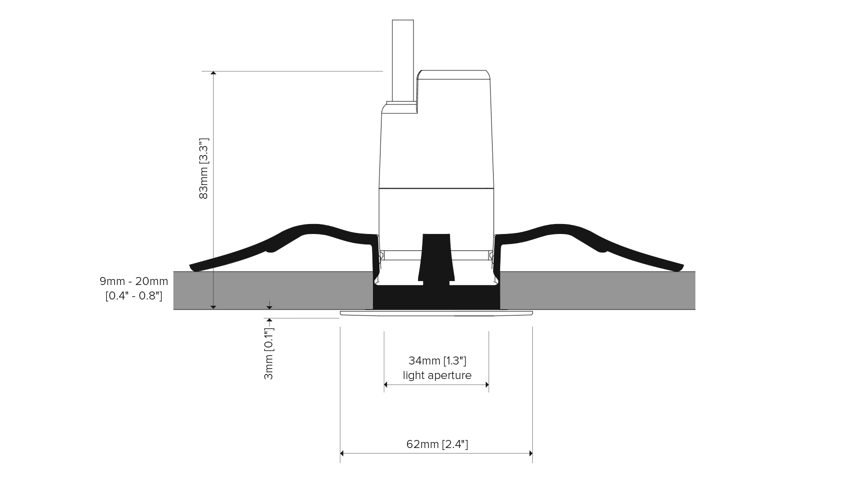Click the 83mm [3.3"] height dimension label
tap(203, 168)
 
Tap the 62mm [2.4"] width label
tap(437, 444)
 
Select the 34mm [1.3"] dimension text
tap(437, 360)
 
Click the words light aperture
tap(437, 375)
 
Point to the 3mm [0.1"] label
tap(269, 353)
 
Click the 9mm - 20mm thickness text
tap(134, 281)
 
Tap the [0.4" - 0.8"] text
tap(134, 296)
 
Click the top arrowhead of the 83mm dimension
tap(213, 72)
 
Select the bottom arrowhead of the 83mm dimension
tap(213, 307)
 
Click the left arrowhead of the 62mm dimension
tap(341, 453)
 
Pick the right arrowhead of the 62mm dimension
tap(531, 453)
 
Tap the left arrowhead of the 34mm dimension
tap(385, 384)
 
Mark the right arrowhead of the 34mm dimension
tap(487, 384)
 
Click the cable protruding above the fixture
tap(403, 60)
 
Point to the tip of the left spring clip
tap(191, 267)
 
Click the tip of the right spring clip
tap(681, 267)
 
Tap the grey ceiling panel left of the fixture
tap(273, 290)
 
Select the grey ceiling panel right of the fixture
tap(597, 290)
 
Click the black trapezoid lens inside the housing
tap(437, 258)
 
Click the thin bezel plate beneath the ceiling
tap(437, 313)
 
